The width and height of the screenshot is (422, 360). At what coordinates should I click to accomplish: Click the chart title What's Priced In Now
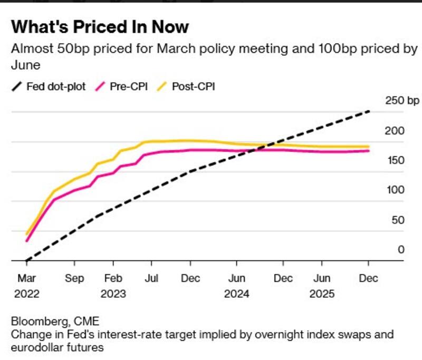(99, 27)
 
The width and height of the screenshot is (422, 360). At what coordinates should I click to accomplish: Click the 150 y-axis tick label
(395, 160)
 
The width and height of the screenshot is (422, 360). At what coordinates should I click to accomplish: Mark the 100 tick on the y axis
(395, 190)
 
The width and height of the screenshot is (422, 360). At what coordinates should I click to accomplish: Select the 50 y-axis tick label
(397, 220)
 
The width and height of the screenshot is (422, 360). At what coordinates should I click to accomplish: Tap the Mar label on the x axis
(26, 279)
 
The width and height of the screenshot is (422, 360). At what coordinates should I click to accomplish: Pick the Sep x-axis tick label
(74, 279)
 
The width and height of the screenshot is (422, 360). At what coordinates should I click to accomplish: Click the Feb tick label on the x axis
(113, 279)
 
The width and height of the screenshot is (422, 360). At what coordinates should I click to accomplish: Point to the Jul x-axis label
(151, 279)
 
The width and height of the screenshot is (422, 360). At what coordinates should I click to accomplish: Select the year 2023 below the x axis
(114, 294)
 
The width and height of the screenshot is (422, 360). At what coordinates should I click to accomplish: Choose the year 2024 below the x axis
(236, 294)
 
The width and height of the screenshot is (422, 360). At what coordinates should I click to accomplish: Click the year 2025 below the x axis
(322, 294)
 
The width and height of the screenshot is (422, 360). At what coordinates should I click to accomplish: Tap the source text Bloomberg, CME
(55, 321)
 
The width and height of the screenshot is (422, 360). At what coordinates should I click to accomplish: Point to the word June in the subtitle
(25, 64)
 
